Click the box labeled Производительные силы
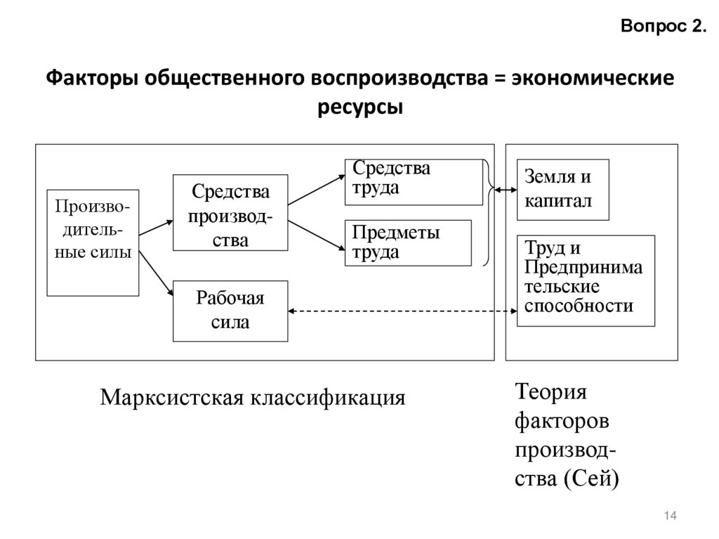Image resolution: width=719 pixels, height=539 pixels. (93, 242)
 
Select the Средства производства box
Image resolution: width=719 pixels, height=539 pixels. (230, 212)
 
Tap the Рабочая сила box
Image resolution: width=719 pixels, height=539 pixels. (230, 311)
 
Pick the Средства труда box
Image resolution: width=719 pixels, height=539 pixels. (407, 181)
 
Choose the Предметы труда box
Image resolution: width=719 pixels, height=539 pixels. (407, 242)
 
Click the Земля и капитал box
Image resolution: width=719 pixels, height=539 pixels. (562, 190)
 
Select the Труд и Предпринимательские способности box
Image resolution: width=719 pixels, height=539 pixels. (586, 280)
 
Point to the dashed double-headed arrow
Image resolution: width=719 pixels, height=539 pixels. (400, 311)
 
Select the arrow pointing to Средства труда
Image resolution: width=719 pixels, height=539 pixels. (316, 190)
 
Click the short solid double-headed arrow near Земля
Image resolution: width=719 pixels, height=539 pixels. (503, 190)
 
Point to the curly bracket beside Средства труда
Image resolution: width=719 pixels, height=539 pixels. (486, 212)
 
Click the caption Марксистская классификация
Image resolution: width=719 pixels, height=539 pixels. (253, 398)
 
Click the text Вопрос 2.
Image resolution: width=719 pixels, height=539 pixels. (663, 27)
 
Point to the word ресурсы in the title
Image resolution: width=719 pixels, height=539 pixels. (359, 108)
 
